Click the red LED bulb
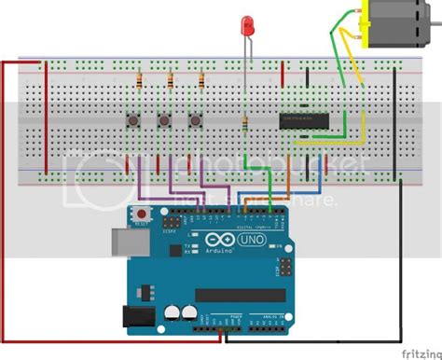(x=247, y=24)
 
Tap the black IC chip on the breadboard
(x=303, y=118)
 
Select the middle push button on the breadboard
(x=165, y=119)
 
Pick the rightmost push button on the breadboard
(x=196, y=119)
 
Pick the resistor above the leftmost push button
(x=139, y=82)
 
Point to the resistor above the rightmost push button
(x=201, y=82)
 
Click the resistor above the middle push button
(x=171, y=82)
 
